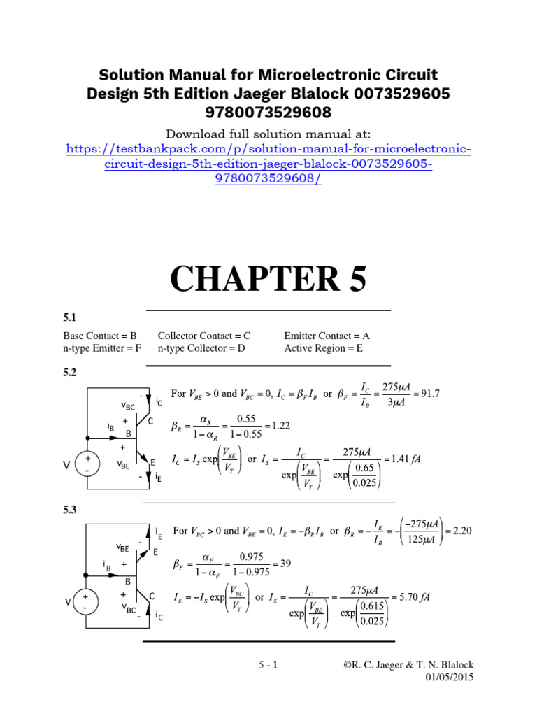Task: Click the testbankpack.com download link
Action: (x=268, y=164)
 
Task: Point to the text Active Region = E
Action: (x=324, y=348)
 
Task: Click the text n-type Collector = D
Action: (x=201, y=348)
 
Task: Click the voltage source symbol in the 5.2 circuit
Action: (x=87, y=464)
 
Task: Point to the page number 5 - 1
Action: (x=266, y=665)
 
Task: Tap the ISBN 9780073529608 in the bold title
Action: (x=268, y=112)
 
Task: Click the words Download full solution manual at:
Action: (x=268, y=134)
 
